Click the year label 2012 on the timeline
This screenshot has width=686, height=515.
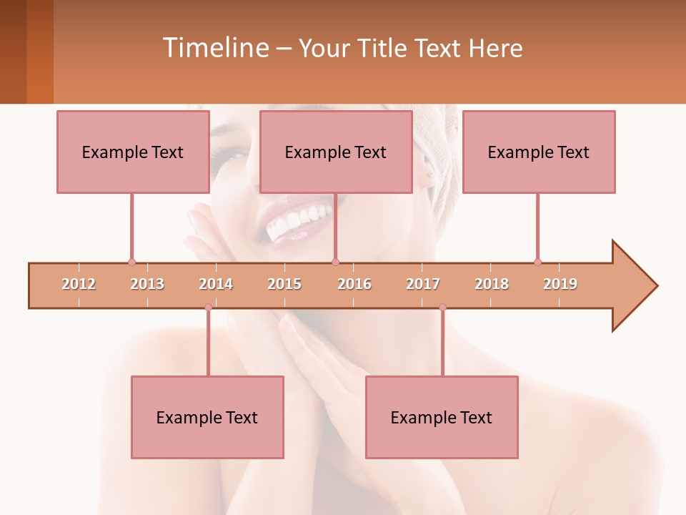pyautogui.click(x=79, y=284)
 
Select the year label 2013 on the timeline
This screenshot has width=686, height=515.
pyautogui.click(x=147, y=284)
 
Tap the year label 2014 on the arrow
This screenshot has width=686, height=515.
pyautogui.click(x=216, y=284)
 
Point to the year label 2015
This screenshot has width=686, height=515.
pyautogui.click(x=284, y=284)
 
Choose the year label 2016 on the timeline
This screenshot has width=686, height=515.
pyautogui.click(x=354, y=284)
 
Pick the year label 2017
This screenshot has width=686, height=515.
pyautogui.click(x=423, y=284)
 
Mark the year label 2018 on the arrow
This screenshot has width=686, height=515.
pyautogui.click(x=492, y=284)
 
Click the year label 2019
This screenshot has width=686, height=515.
pyautogui.click(x=560, y=284)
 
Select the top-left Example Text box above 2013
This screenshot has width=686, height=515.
pyautogui.click(x=133, y=152)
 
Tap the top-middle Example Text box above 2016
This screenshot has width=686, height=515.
pyautogui.click(x=336, y=152)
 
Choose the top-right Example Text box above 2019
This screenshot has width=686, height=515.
pyautogui.click(x=539, y=152)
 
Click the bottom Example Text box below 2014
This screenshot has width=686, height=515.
pyautogui.click(x=207, y=417)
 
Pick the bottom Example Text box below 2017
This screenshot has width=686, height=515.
pyautogui.click(x=442, y=417)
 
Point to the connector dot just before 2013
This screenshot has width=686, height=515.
pyautogui.click(x=131, y=262)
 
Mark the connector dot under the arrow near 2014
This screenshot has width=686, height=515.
pyautogui.click(x=208, y=308)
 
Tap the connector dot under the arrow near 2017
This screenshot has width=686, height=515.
pyautogui.click(x=442, y=308)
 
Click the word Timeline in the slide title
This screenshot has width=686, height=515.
pyautogui.click(x=214, y=48)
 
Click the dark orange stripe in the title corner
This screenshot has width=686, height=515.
pyautogui.click(x=40, y=51)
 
